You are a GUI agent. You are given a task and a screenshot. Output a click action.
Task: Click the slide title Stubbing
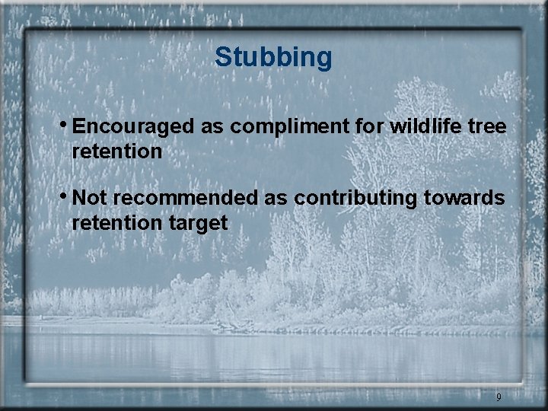pyautogui.click(x=273, y=57)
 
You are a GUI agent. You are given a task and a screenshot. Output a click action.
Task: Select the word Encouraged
pyautogui.click(x=134, y=126)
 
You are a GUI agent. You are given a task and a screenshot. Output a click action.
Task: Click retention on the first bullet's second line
pyautogui.click(x=116, y=151)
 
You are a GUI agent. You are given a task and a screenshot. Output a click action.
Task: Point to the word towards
pyautogui.click(x=467, y=198)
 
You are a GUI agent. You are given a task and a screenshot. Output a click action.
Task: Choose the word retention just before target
pyautogui.click(x=116, y=223)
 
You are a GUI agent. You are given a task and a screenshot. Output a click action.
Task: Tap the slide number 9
pyautogui.click(x=499, y=397)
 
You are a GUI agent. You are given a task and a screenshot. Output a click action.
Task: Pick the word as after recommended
pyautogui.click(x=274, y=198)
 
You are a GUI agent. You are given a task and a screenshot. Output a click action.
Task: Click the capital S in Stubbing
pyautogui.click(x=223, y=57)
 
